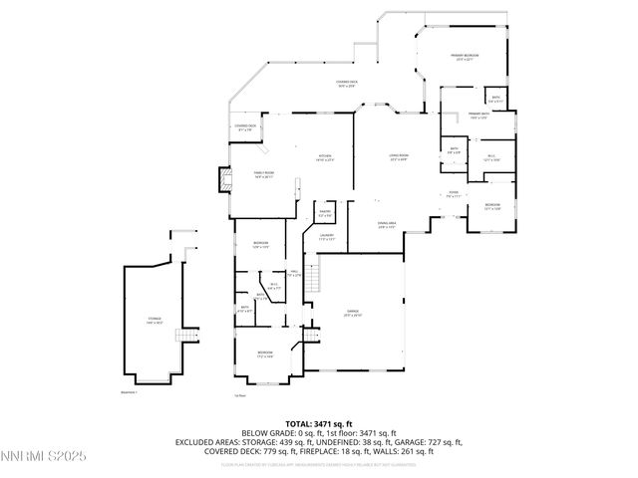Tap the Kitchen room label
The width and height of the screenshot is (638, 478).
pos(325,158)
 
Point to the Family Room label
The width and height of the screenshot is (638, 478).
pos(263,175)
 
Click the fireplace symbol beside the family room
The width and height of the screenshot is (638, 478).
pos(222,180)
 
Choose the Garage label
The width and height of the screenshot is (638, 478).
pos(354,313)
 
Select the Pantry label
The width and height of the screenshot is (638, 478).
pos(325,212)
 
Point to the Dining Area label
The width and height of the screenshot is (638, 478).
pos(387,226)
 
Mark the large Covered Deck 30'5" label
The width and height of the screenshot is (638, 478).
pos(346,84)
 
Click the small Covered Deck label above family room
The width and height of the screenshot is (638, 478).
pos(246,126)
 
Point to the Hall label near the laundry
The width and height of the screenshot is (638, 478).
pos(294,275)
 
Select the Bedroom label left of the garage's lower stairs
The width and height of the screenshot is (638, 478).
pos(265,354)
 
